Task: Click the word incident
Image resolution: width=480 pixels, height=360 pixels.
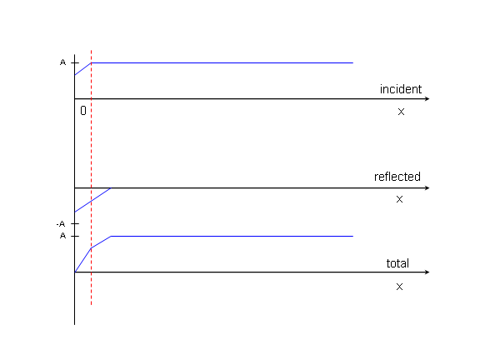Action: pyautogui.click(x=401, y=89)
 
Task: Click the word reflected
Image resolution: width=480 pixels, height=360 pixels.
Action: pyautogui.click(x=397, y=177)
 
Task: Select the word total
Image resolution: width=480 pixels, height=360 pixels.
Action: pyautogui.click(x=397, y=263)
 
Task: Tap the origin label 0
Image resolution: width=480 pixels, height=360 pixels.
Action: pyautogui.click(x=83, y=111)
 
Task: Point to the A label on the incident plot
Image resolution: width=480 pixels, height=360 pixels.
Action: pyautogui.click(x=62, y=62)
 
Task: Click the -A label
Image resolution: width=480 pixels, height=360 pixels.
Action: pyautogui.click(x=61, y=224)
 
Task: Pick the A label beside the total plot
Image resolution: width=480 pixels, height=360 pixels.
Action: pyautogui.click(x=62, y=236)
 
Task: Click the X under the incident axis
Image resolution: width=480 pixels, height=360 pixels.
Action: pyautogui.click(x=401, y=112)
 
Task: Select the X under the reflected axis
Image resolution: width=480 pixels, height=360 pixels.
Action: pyautogui.click(x=399, y=199)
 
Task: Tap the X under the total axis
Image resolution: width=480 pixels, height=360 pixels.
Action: pyautogui.click(x=399, y=287)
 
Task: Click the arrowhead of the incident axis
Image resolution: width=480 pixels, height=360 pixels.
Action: pyautogui.click(x=427, y=98)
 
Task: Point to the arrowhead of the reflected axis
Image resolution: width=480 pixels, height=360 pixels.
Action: pyautogui.click(x=427, y=187)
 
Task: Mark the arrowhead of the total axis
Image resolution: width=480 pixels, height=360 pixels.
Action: pyautogui.click(x=427, y=272)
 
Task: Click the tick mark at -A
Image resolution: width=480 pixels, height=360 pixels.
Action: pyautogui.click(x=75, y=224)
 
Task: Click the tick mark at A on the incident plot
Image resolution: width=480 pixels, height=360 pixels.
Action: pyautogui.click(x=75, y=62)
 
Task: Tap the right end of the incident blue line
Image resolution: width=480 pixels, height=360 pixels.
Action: pyautogui.click(x=353, y=62)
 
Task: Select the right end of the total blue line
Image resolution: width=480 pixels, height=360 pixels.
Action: pyautogui.click(x=353, y=236)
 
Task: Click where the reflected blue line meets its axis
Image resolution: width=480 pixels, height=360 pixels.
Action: pyautogui.click(x=111, y=188)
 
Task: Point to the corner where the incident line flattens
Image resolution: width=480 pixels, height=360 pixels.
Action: pyautogui.click(x=91, y=62)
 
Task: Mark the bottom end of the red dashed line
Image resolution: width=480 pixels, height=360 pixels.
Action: pyautogui.click(x=91, y=305)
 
